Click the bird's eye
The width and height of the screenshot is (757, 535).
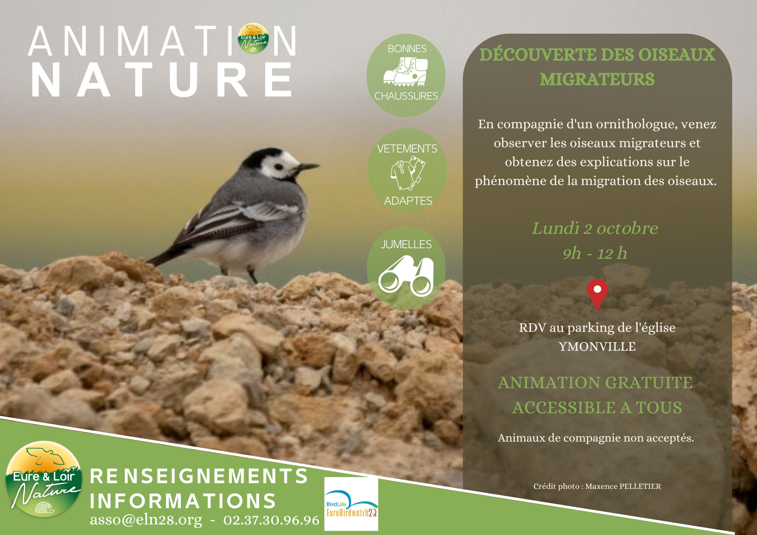coord(279,166)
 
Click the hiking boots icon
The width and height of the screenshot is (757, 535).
coord(405,72)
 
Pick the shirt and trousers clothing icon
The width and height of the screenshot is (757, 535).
coord(408,173)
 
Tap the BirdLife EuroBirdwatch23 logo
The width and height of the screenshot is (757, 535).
coord(351,504)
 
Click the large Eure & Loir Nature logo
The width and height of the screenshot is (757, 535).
coord(44,479)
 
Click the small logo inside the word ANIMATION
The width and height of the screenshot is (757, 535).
coord(253,38)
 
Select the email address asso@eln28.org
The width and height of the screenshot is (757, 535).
coord(146,520)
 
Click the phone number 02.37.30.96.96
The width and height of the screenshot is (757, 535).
coord(271,520)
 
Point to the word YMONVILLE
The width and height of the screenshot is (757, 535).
coord(597,347)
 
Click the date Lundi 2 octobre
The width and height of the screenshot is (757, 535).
coord(595,228)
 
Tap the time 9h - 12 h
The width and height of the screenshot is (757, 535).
coord(595,253)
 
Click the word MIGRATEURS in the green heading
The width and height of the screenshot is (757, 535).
coord(597,79)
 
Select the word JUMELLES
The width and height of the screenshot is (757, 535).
coord(406,244)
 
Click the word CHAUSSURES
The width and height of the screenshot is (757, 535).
coord(406,96)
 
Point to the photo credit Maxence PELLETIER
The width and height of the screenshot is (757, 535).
coord(623,486)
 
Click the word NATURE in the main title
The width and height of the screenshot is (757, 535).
coord(162,80)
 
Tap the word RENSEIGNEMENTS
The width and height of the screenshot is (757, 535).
coord(199,476)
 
